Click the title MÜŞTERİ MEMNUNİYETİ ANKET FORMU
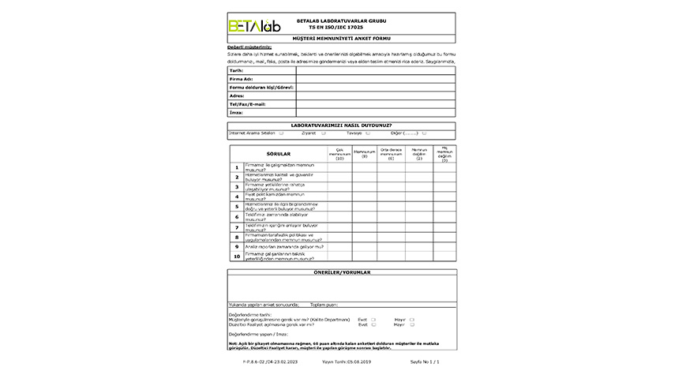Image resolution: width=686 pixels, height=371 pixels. pyautogui.click(x=341, y=38)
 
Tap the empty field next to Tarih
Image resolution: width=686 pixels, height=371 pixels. pyautogui.click(x=375, y=70)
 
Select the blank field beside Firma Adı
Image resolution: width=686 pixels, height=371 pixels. pyautogui.click(x=375, y=79)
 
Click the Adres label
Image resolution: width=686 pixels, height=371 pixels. pyautogui.click(x=237, y=96)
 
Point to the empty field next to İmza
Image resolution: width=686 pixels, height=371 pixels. pyautogui.click(x=375, y=113)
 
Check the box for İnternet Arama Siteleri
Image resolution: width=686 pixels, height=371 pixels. pyautogui.click(x=282, y=133)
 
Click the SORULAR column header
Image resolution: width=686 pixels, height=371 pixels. pyautogui.click(x=279, y=154)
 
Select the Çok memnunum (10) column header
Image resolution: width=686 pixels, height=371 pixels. pyautogui.click(x=339, y=154)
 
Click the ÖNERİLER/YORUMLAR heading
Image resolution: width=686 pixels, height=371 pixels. pyautogui.click(x=341, y=272)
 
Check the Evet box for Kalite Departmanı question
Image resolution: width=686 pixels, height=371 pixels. pyautogui.click(x=373, y=319)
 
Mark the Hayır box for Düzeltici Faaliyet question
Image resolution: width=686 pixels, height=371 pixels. pyautogui.click(x=412, y=324)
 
